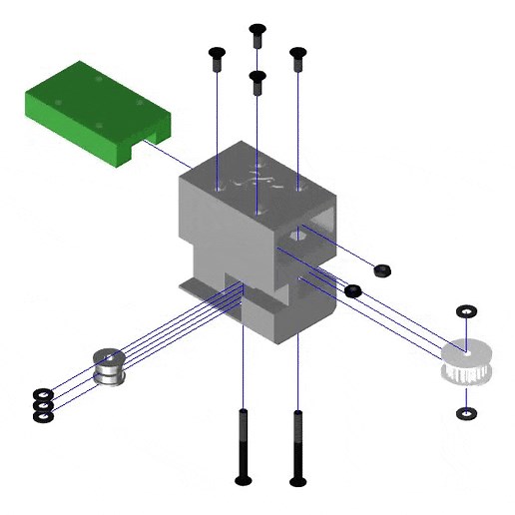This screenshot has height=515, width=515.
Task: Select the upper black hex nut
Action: point(380,269)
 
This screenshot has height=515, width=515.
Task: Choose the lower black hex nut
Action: point(352,290)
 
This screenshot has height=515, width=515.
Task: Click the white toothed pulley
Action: point(466,363)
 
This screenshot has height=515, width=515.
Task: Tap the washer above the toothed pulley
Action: point(466,311)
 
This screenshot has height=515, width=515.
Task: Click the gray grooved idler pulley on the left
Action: point(109,367)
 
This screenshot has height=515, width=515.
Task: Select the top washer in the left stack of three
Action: point(43,393)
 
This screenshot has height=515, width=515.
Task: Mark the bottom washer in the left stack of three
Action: point(43,413)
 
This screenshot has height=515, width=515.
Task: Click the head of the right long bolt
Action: point(297,481)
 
